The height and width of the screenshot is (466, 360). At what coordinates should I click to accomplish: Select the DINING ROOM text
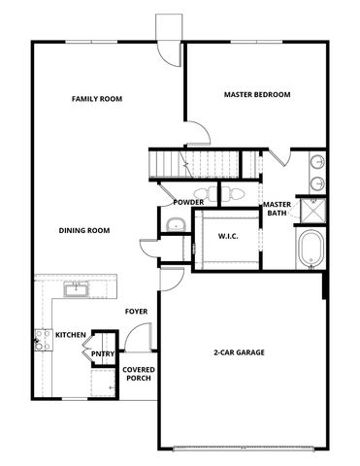point(83,230)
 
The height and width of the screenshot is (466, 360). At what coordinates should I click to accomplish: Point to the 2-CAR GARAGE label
point(240,352)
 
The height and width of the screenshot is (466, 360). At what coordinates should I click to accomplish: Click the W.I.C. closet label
point(228,236)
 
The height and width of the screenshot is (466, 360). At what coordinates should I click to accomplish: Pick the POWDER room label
point(188,202)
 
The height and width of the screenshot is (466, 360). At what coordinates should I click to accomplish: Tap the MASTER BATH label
point(277,209)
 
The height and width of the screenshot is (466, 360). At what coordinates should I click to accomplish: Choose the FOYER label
point(136,312)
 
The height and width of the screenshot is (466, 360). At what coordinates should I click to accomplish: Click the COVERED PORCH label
point(138,375)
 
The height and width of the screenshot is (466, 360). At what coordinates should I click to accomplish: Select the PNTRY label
point(103,354)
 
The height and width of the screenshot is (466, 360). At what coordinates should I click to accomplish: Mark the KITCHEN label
point(70,335)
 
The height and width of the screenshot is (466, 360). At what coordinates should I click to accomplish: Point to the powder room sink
point(174,226)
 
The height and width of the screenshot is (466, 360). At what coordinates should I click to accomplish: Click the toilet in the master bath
point(236,193)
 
